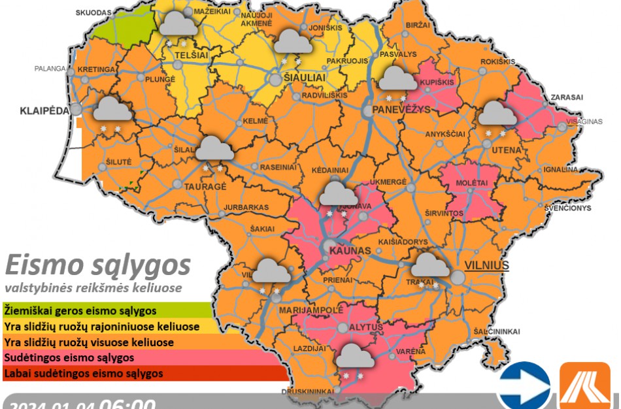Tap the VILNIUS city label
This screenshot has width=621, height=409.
coord(486,265)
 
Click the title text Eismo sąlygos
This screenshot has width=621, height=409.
coord(98,265)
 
